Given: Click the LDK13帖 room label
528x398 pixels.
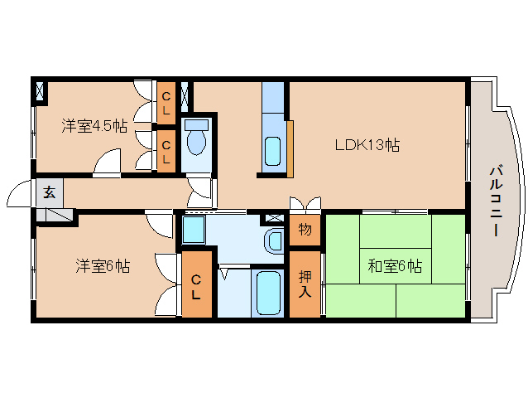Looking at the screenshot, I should [367, 145].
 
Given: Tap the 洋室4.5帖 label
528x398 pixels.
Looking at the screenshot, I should [94, 126].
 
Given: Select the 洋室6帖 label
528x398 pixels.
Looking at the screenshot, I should [103, 266].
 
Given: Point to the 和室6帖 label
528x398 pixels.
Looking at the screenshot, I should [395, 266].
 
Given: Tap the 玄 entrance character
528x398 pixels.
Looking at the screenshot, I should [49, 193].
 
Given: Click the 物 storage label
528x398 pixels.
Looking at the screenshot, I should [305, 230].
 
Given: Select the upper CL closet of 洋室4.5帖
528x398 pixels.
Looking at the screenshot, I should [166, 102].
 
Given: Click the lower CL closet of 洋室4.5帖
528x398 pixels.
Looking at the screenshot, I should [166, 152].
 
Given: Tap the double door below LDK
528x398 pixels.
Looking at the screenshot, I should [305, 204].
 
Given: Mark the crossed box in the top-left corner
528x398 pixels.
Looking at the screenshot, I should [40, 91].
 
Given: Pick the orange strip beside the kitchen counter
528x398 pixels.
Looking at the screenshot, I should [290, 148].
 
